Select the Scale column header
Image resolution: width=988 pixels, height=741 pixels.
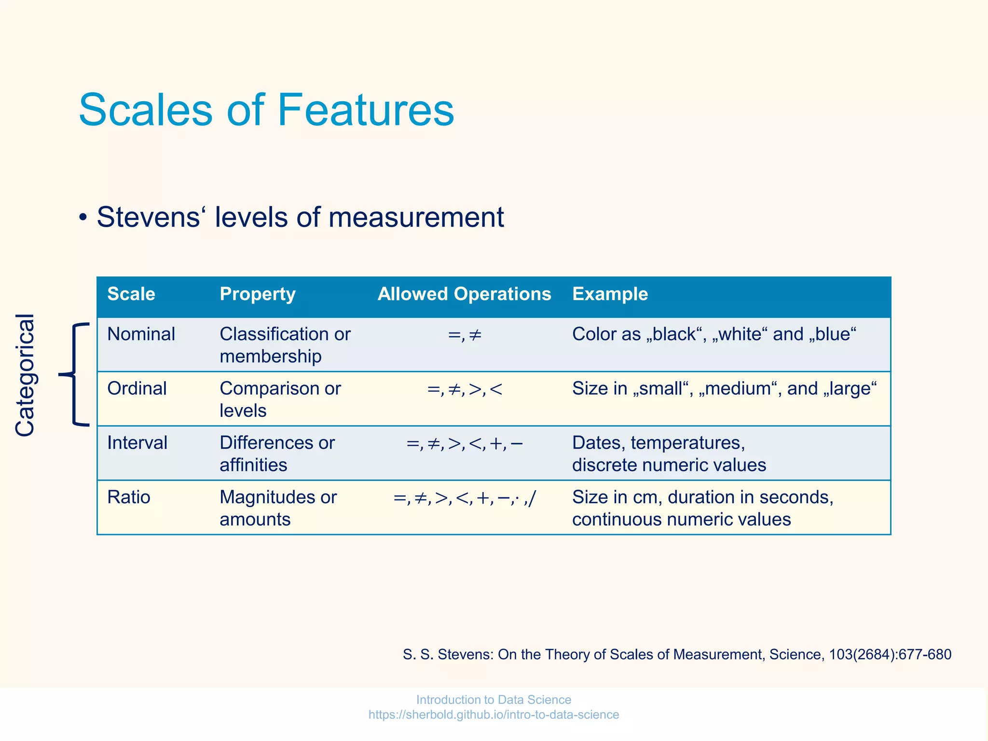click(x=131, y=294)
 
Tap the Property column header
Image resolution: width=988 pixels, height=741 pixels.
click(x=258, y=294)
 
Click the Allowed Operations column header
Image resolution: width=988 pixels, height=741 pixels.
click(x=464, y=294)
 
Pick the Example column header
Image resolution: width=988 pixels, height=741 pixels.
click(x=610, y=294)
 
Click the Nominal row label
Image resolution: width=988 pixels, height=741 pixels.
click(x=141, y=334)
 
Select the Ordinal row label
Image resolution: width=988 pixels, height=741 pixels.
click(x=137, y=388)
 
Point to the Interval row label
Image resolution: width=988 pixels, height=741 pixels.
click(x=137, y=443)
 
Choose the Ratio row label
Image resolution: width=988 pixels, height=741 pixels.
click(x=129, y=497)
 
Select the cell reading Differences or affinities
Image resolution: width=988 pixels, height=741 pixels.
click(x=277, y=453)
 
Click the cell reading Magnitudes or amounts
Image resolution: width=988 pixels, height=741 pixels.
click(x=278, y=508)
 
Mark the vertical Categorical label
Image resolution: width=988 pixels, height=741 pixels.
click(x=25, y=375)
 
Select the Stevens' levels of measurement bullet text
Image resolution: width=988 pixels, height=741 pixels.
click(x=300, y=217)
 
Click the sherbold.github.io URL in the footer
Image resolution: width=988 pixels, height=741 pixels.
click(x=494, y=714)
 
